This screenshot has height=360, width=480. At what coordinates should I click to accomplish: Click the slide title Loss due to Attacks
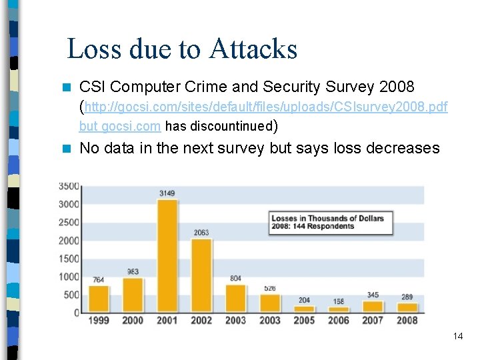pyautogui.click(x=182, y=49)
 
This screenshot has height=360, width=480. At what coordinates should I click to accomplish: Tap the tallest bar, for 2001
pyautogui.click(x=167, y=257)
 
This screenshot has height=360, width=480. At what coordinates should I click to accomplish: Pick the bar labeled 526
pyautogui.click(x=269, y=303)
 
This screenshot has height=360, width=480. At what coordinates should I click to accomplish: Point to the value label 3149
pyautogui.click(x=167, y=193)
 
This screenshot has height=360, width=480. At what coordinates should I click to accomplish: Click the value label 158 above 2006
pyautogui.click(x=338, y=301)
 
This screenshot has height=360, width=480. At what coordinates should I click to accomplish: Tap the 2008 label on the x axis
pyautogui.click(x=407, y=321)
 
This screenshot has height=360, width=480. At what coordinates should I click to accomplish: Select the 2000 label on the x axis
pyautogui.click(x=133, y=321)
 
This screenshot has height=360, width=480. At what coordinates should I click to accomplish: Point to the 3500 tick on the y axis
pyautogui.click(x=69, y=186)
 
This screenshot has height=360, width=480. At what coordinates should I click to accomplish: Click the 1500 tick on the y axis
pyautogui.click(x=69, y=259)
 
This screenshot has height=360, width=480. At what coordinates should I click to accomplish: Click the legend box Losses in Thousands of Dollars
pyautogui.click(x=331, y=222)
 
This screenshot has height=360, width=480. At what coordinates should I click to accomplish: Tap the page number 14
pyautogui.click(x=457, y=336)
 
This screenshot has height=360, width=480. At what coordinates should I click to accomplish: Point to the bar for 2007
pyautogui.click(x=372, y=307)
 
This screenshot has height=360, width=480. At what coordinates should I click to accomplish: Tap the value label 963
pyautogui.click(x=133, y=272)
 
